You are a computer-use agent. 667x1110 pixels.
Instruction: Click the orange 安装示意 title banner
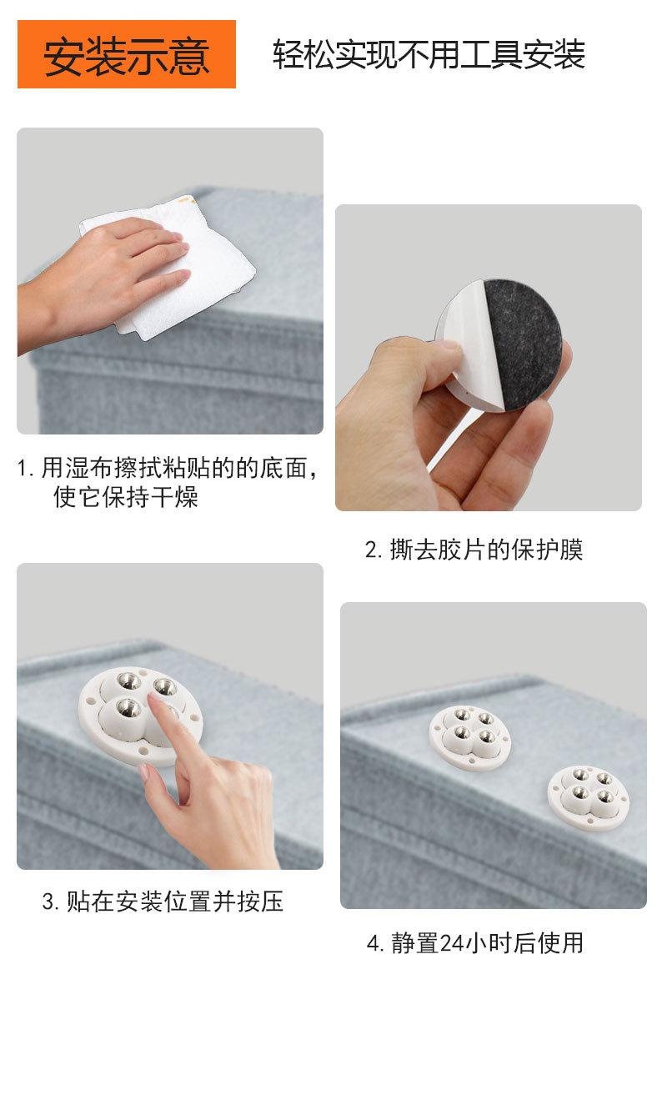[127, 55]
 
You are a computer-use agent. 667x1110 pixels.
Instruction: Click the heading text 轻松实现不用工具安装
[429, 55]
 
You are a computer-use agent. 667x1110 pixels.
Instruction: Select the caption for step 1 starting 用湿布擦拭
[167, 468]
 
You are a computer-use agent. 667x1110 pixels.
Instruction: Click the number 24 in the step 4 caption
[451, 943]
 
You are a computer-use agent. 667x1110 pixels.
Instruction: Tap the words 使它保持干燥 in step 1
[126, 498]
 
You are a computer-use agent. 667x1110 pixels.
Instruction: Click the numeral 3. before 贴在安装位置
[50, 902]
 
